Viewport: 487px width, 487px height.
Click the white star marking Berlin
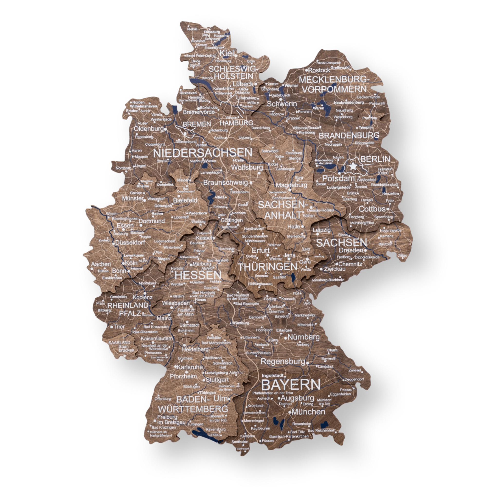click(x=353, y=166)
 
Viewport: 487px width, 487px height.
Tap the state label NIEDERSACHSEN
click(x=203, y=153)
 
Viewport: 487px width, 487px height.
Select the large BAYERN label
click(x=291, y=385)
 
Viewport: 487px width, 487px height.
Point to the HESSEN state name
click(x=198, y=275)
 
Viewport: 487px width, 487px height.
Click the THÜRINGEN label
click(x=268, y=267)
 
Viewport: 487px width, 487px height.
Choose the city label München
click(x=308, y=412)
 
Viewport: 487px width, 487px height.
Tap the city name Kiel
click(x=227, y=53)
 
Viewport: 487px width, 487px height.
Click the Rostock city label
click(x=319, y=70)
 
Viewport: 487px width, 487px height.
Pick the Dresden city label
click(x=351, y=250)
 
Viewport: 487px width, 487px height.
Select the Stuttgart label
click(x=217, y=380)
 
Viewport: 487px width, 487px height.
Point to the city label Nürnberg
click(x=303, y=337)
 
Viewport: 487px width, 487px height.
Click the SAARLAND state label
click(x=119, y=343)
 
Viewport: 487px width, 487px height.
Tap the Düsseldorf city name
click(x=130, y=243)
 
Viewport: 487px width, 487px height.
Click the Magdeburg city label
click(x=291, y=185)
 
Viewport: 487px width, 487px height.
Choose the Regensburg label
click(x=282, y=361)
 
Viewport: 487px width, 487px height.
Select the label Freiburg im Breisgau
click(x=171, y=420)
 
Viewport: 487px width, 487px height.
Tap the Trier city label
click(x=119, y=327)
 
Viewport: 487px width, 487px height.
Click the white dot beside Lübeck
click(x=255, y=84)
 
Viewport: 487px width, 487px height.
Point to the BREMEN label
click(x=197, y=124)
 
